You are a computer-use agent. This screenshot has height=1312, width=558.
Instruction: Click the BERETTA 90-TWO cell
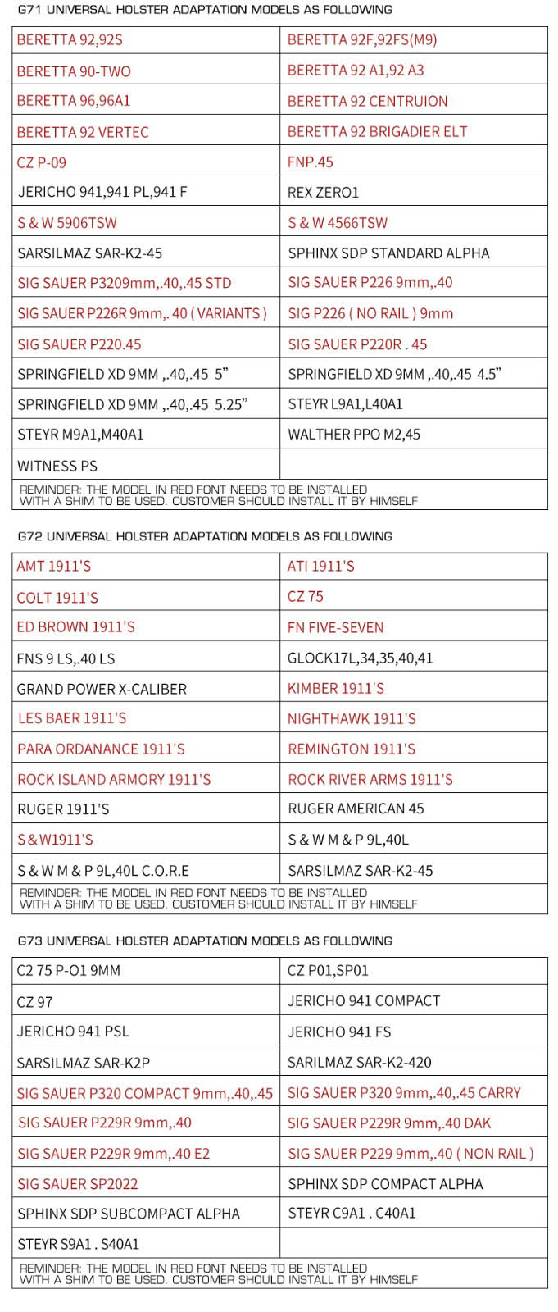pyautogui.click(x=74, y=71)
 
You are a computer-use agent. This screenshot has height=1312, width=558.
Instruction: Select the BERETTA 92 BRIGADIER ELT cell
pyautogui.click(x=377, y=132)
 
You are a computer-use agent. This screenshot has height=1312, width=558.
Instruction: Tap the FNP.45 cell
pyautogui.click(x=311, y=162)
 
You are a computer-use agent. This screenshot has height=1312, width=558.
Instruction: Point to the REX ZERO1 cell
pyautogui.click(x=323, y=193)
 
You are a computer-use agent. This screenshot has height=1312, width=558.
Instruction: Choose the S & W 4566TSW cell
pyautogui.click(x=338, y=223)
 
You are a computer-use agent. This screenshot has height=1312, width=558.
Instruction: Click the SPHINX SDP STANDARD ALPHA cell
pyautogui.click(x=388, y=253)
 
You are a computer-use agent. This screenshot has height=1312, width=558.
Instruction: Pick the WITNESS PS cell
pyautogui.click(x=57, y=466)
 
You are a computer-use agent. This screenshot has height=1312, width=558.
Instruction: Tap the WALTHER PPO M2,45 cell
pyautogui.click(x=354, y=435)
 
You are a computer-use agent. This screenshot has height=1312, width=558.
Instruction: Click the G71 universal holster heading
pyautogui.click(x=205, y=10)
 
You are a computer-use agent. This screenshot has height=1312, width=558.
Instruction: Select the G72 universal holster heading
pyautogui.click(x=205, y=536)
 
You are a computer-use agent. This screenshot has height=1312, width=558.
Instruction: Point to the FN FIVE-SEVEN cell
pyautogui.click(x=335, y=627)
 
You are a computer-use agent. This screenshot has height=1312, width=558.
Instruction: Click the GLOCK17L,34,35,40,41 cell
pyautogui.click(x=360, y=658)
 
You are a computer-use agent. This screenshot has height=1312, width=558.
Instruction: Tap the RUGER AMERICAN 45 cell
pyautogui.click(x=356, y=809)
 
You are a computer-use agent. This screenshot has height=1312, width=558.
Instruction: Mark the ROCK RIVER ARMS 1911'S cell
pyautogui.click(x=370, y=779)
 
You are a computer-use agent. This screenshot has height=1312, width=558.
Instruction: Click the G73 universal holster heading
pyautogui.click(x=205, y=941)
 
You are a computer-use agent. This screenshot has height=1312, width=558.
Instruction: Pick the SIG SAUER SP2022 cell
pyautogui.click(x=78, y=1184)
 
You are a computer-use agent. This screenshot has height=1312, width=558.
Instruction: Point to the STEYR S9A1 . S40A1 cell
pyautogui.click(x=78, y=1244)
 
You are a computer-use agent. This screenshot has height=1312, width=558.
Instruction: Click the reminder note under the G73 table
pyautogui.click(x=218, y=1273)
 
